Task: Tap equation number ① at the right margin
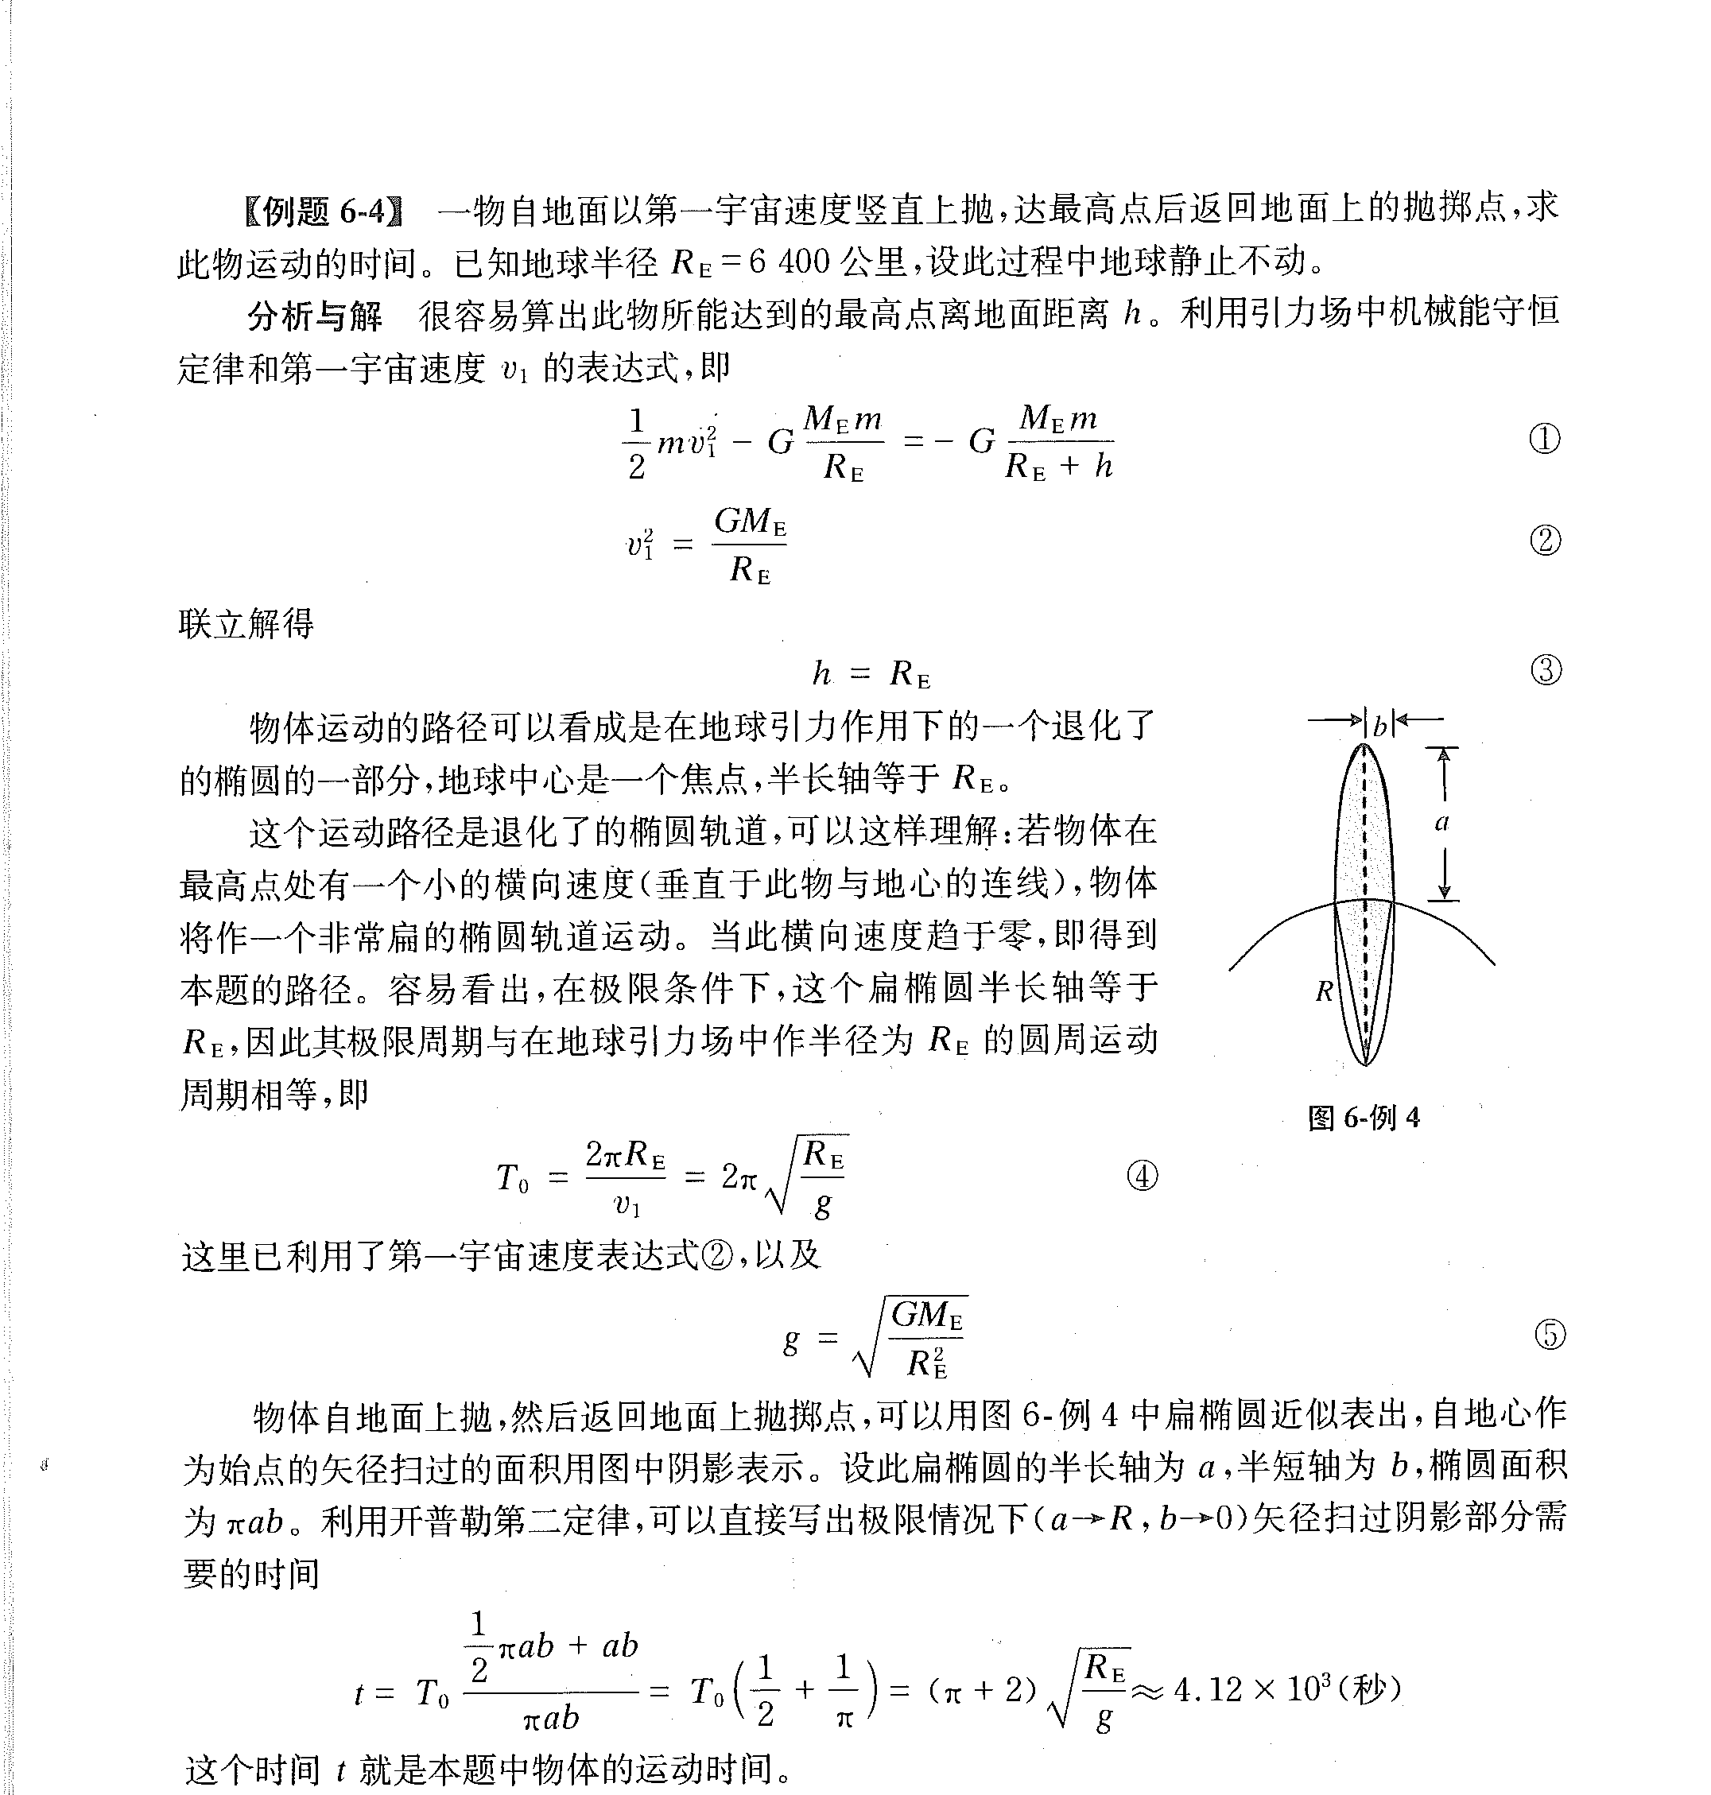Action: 1544,439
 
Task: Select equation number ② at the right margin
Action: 1544,541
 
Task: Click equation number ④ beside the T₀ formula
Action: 1142,1176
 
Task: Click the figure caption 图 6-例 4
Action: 1364,1118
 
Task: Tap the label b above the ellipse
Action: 1378,726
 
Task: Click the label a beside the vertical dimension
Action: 1441,823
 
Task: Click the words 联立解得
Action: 246,624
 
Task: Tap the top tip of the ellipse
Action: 1364,746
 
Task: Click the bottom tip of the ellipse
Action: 1364,1064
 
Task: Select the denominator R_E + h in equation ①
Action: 1059,467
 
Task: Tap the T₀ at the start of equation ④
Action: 512,1178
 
